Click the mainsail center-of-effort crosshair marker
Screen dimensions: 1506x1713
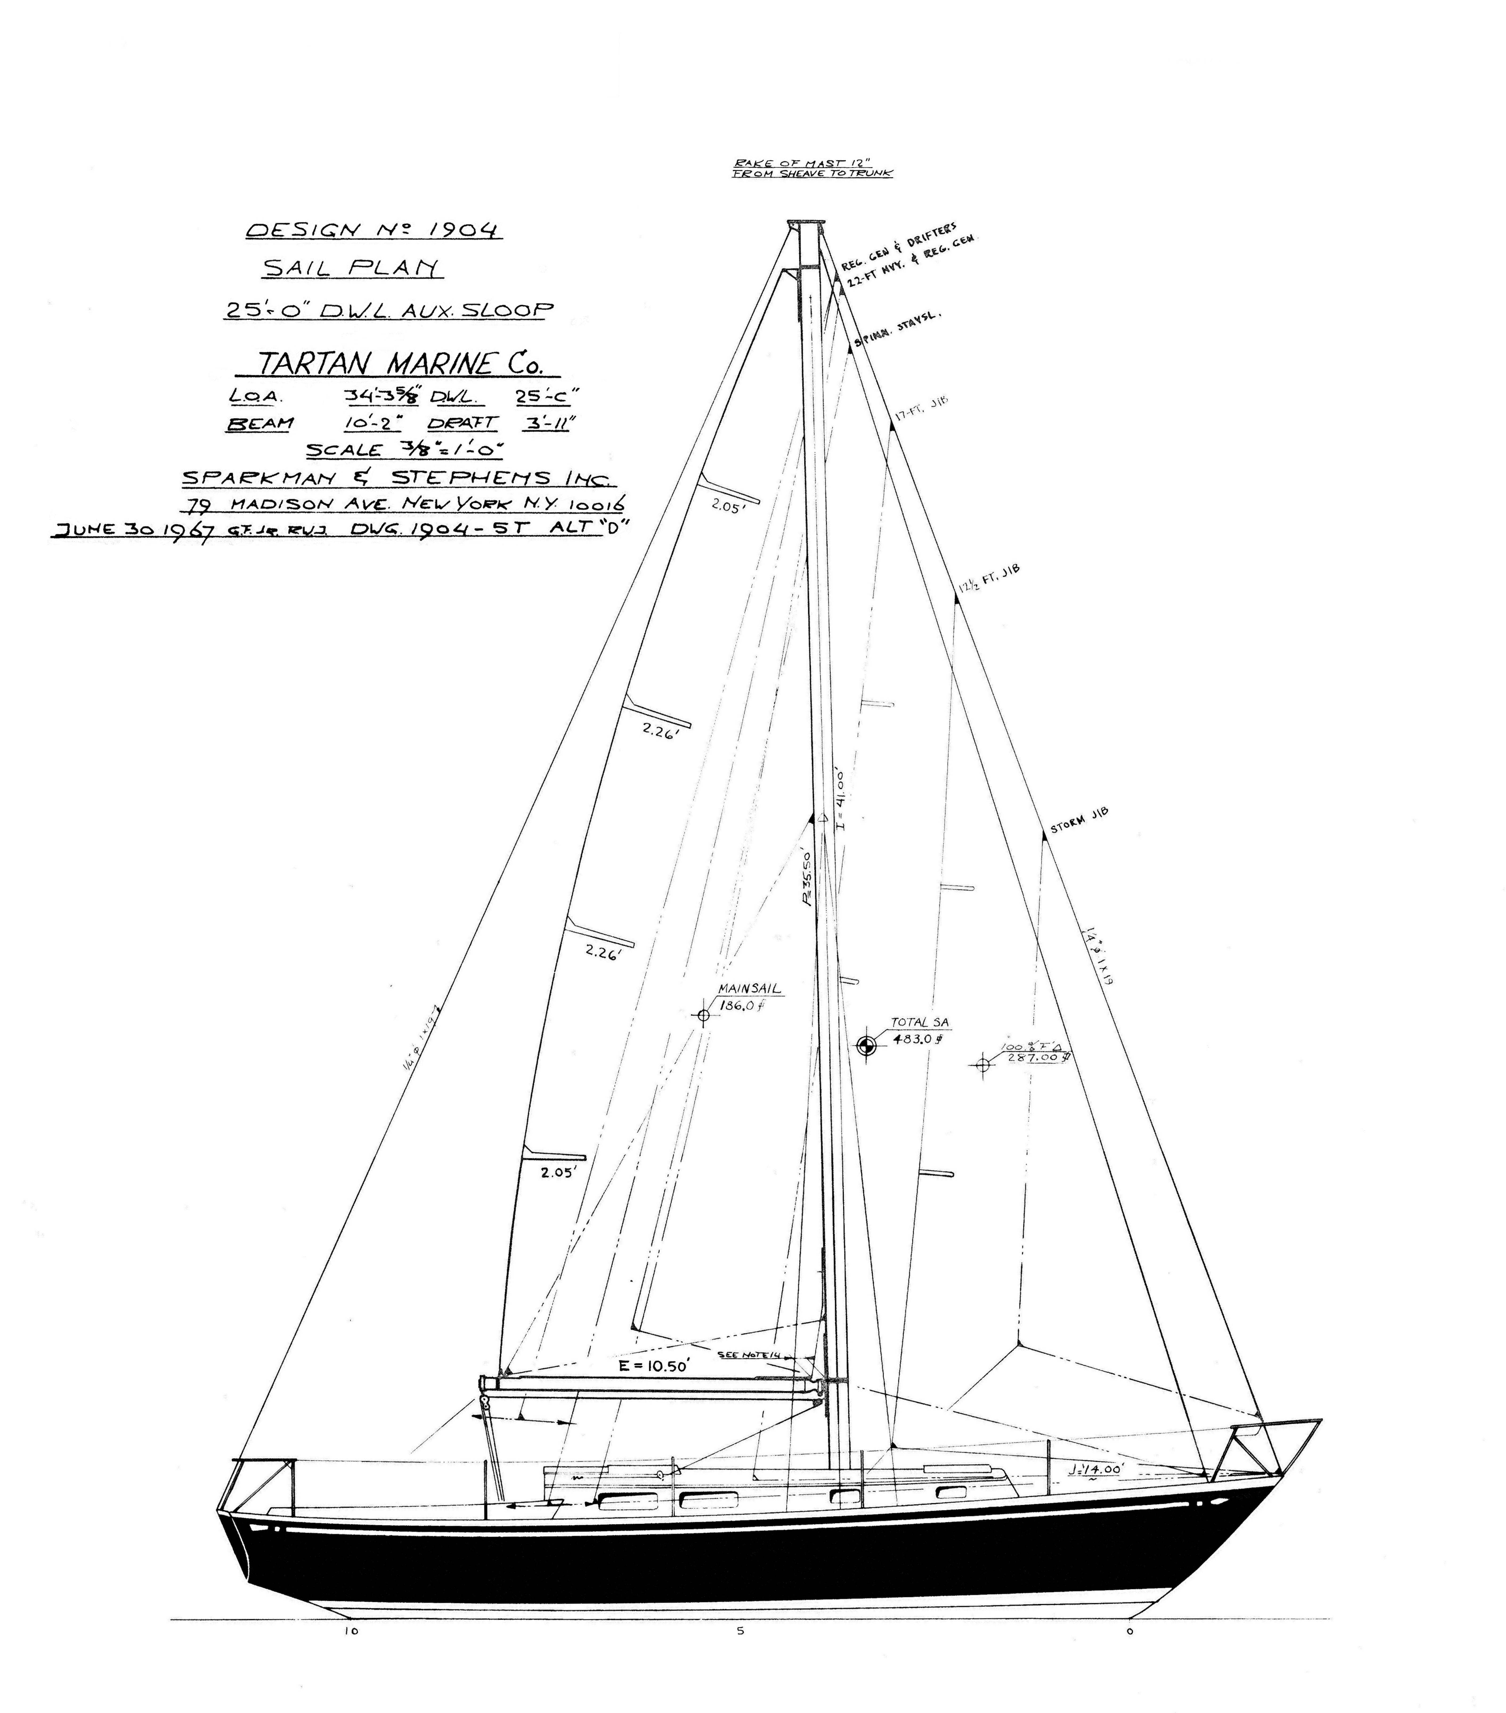[x=703, y=1016]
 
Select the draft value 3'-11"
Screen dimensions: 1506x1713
[x=546, y=423]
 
